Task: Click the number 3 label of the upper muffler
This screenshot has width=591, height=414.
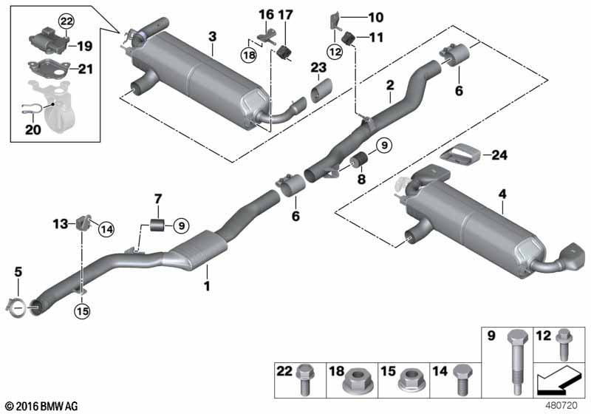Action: point(212,35)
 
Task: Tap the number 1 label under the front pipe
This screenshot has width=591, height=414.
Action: point(208,285)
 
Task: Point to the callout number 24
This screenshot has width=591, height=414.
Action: point(500,155)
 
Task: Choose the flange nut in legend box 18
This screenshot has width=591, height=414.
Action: point(356,382)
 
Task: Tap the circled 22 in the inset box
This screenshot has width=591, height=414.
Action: point(66,21)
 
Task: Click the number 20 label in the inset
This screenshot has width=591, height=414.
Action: point(30,129)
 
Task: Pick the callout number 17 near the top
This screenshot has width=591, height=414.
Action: point(286,14)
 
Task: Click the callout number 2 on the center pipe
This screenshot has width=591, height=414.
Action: point(389,86)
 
